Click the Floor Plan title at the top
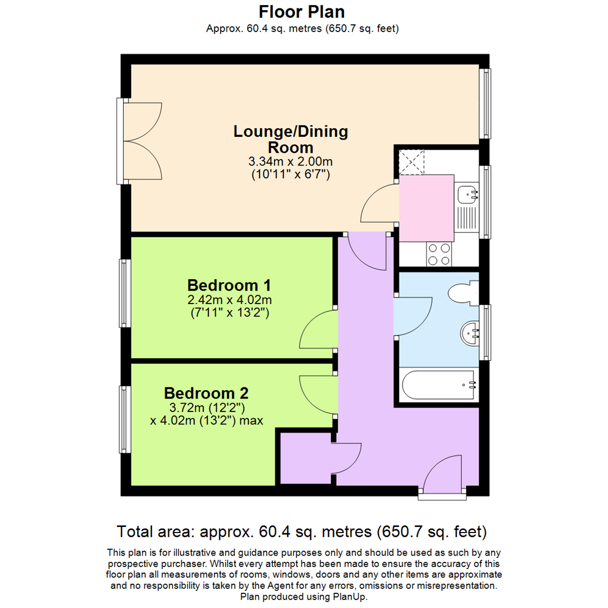302,11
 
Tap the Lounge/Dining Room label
290,140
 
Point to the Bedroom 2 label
206,392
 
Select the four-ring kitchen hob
439,253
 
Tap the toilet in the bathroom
463,292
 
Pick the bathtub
439,386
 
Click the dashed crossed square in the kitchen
410,162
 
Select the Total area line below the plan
302,531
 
